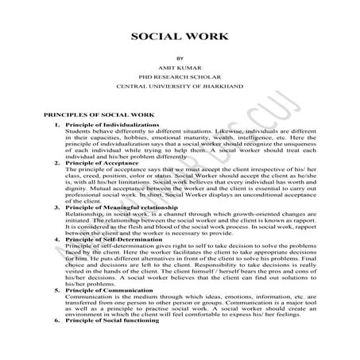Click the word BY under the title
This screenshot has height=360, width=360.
pyautogui.click(x=180, y=58)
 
